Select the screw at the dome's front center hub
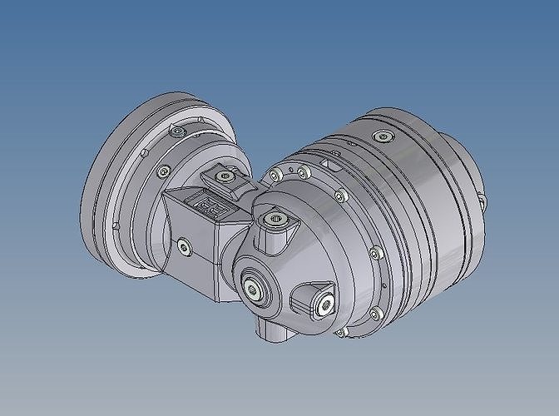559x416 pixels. tap(253, 290)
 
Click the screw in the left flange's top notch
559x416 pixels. tap(178, 131)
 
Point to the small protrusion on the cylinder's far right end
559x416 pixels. tap(480, 197)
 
